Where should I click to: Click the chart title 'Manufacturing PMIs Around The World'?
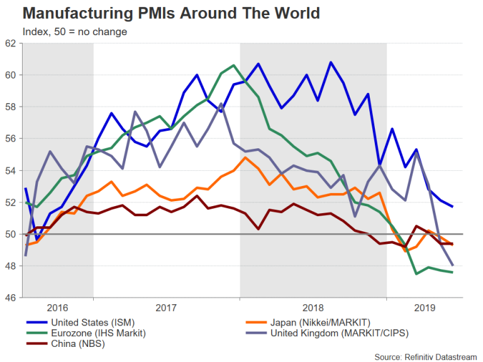pos(162,13)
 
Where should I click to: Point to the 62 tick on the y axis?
pos(11,43)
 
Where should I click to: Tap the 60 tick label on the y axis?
pos(11,75)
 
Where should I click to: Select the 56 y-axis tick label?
pos(11,139)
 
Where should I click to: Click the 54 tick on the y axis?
pos(11,170)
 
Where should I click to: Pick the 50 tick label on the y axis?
pos(11,234)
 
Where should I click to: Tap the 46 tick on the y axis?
pos(11,298)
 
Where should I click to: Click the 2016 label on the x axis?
pos(58,309)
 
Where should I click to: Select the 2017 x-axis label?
pos(167,309)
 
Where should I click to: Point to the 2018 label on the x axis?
pos(313,309)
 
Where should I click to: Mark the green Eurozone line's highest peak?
pos(233,65)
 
